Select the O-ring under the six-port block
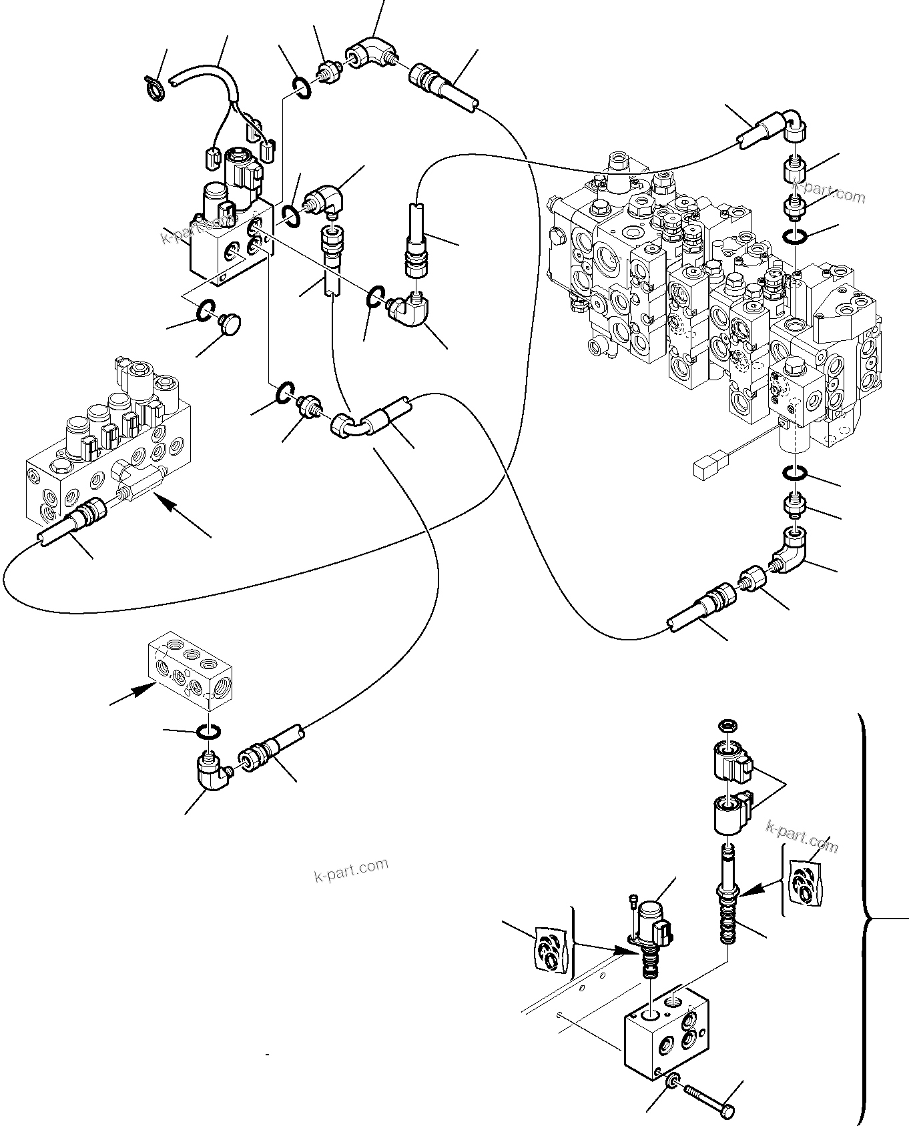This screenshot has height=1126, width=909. pos(210,732)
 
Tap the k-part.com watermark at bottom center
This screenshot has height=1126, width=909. pos(350,869)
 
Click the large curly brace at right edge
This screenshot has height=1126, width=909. pos(868,921)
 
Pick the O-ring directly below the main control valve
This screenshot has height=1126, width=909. pos(795,473)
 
